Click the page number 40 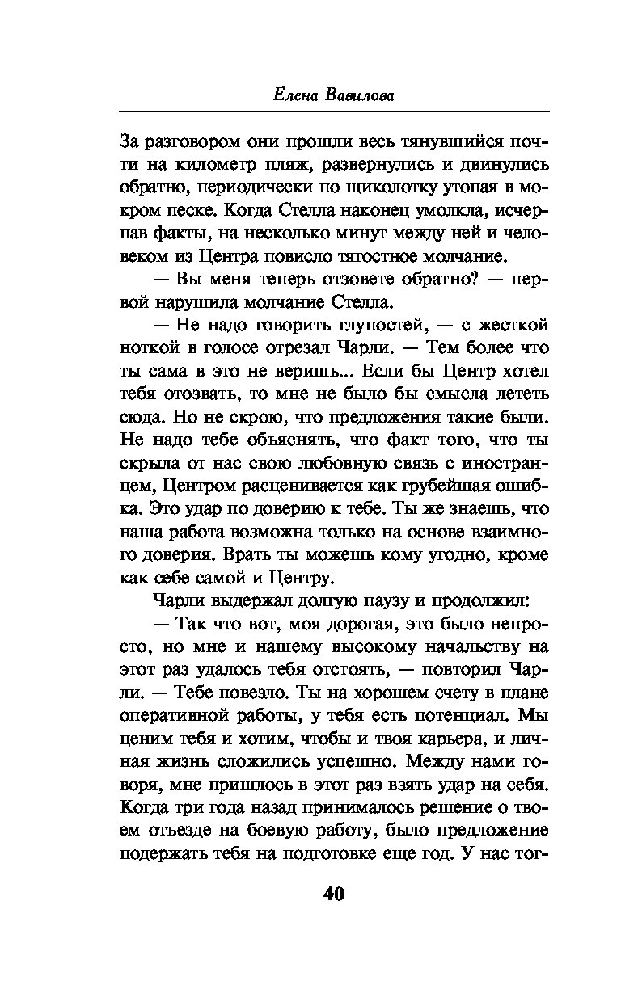tap(334, 894)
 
